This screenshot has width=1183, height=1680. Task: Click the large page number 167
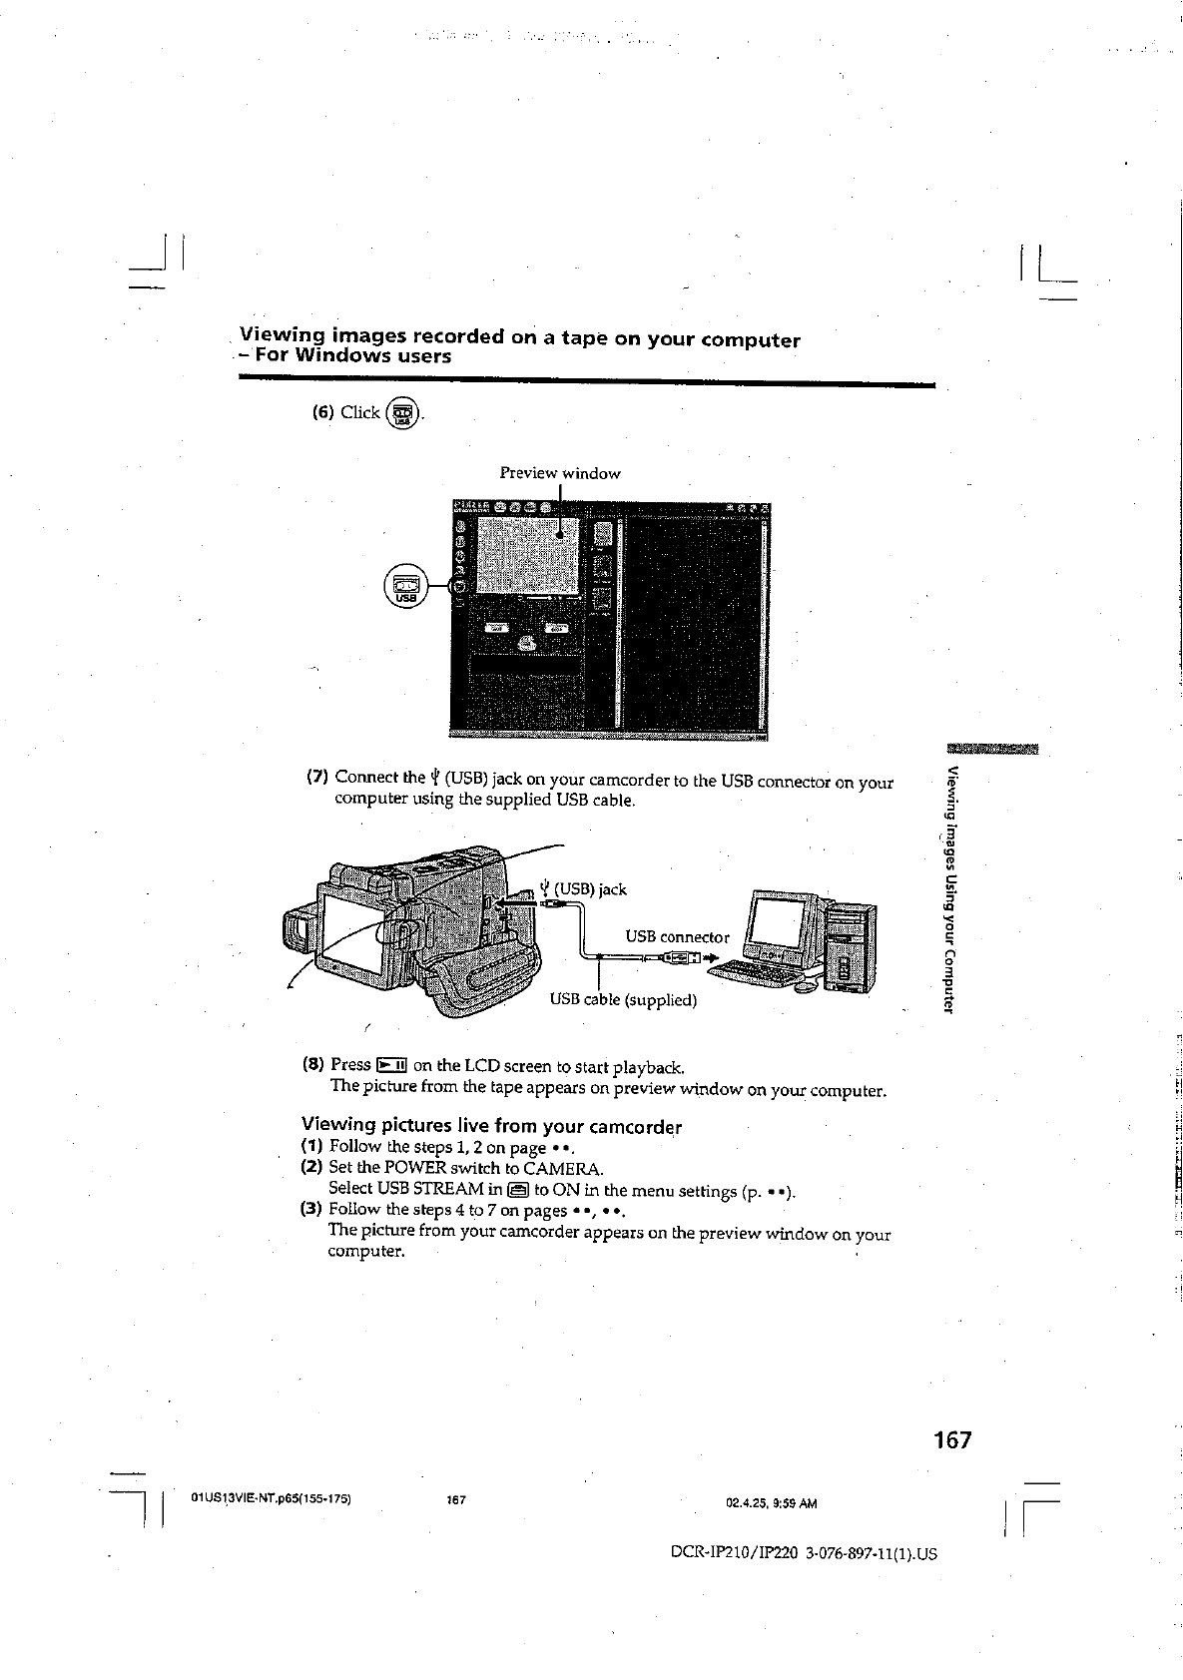951,1440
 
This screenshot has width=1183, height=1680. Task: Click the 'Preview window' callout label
560,473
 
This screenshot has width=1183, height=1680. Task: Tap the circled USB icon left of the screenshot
405,585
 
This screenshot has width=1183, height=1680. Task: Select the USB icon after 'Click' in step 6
402,413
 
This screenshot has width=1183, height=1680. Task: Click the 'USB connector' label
677,936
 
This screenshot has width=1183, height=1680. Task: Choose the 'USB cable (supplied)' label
623,999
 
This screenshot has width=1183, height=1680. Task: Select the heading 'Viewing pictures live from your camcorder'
491,1127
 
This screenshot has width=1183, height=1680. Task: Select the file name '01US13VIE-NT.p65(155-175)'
271,1499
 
